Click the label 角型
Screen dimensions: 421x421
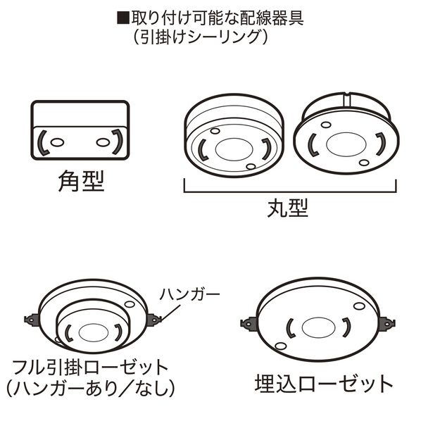click(81, 181)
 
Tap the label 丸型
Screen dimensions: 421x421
click(288, 208)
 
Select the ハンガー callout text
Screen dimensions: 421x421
click(190, 294)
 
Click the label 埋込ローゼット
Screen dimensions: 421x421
click(324, 384)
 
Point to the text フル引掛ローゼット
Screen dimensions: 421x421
click(90, 367)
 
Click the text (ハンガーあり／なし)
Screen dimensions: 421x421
click(90, 388)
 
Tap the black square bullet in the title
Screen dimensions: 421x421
click(123, 18)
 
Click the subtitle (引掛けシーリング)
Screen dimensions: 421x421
click(201, 37)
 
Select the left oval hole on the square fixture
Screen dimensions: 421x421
click(57, 142)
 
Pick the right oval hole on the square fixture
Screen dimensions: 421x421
click(103, 142)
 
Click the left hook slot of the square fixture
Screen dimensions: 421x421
click(43, 143)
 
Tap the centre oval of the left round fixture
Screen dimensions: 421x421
click(234, 149)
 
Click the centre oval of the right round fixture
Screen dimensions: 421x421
click(346, 144)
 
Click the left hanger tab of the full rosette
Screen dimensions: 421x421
click(32, 320)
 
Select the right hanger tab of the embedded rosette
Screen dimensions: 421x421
click(387, 324)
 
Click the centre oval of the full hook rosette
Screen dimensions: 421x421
click(94, 333)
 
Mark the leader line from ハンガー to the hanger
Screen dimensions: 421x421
click(171, 313)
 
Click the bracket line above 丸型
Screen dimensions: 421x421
click(290, 191)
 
